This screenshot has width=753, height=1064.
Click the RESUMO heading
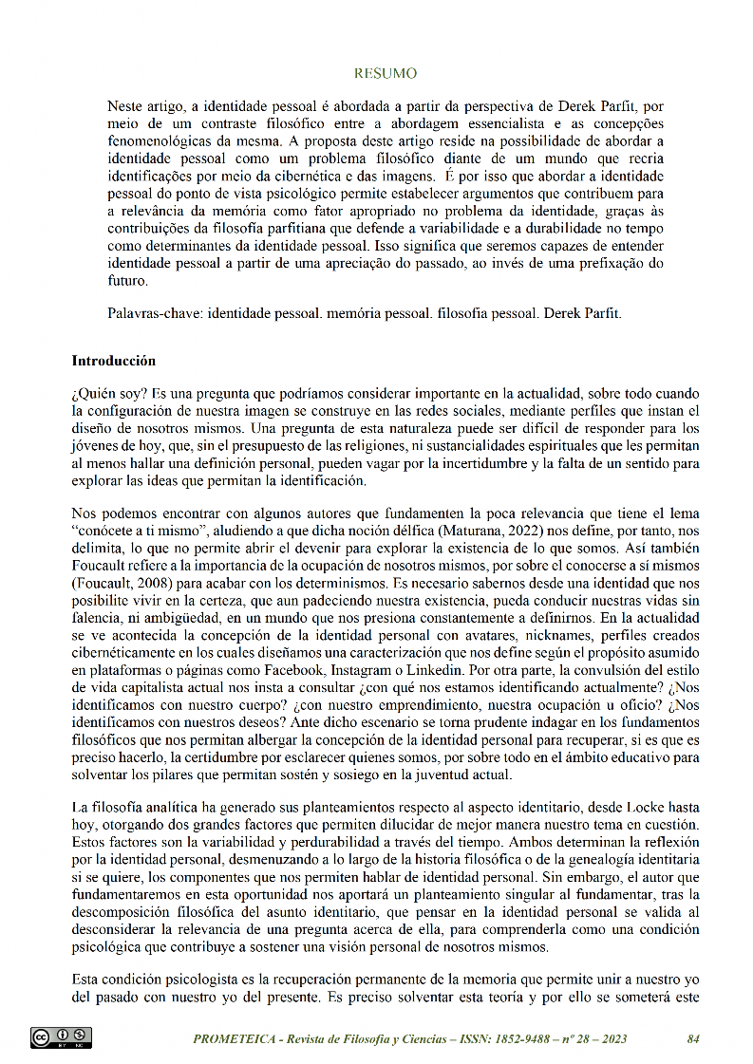pyautogui.click(x=385, y=73)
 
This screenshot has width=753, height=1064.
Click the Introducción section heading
pyautogui.click(x=114, y=362)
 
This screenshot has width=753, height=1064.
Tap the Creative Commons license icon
pyautogui.click(x=61, y=1037)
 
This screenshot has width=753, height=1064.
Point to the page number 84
pyautogui.click(x=693, y=1039)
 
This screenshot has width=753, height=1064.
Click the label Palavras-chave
pyautogui.click(x=155, y=310)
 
